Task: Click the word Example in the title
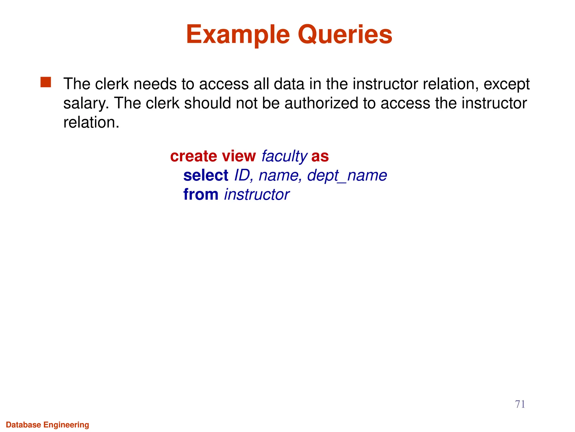click(x=238, y=35)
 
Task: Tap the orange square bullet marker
click(x=46, y=82)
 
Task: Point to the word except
click(x=506, y=84)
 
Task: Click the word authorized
click(x=321, y=103)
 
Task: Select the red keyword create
click(x=193, y=156)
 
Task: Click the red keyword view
click(x=239, y=156)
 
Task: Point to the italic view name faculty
click(x=284, y=156)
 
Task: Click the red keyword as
click(x=320, y=156)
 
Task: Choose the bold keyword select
click(x=206, y=175)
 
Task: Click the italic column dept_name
click(x=347, y=175)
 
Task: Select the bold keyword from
click(x=200, y=194)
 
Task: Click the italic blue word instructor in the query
click(x=257, y=194)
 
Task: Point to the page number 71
click(x=520, y=404)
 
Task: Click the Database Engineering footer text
click(x=47, y=425)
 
